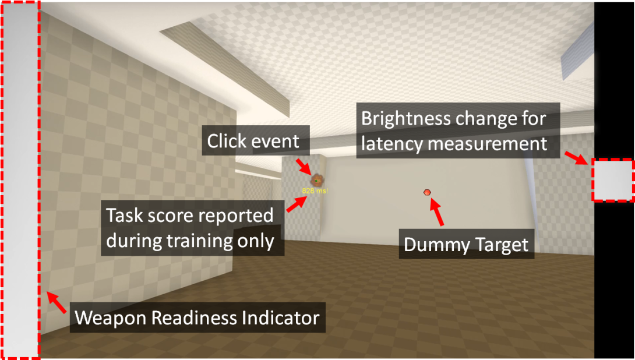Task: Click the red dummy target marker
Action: point(427,192)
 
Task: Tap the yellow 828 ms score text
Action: point(314,190)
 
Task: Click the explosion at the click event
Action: point(316,180)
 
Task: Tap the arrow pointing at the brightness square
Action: point(576,158)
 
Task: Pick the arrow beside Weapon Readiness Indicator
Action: point(57,303)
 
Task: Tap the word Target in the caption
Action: point(505,245)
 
